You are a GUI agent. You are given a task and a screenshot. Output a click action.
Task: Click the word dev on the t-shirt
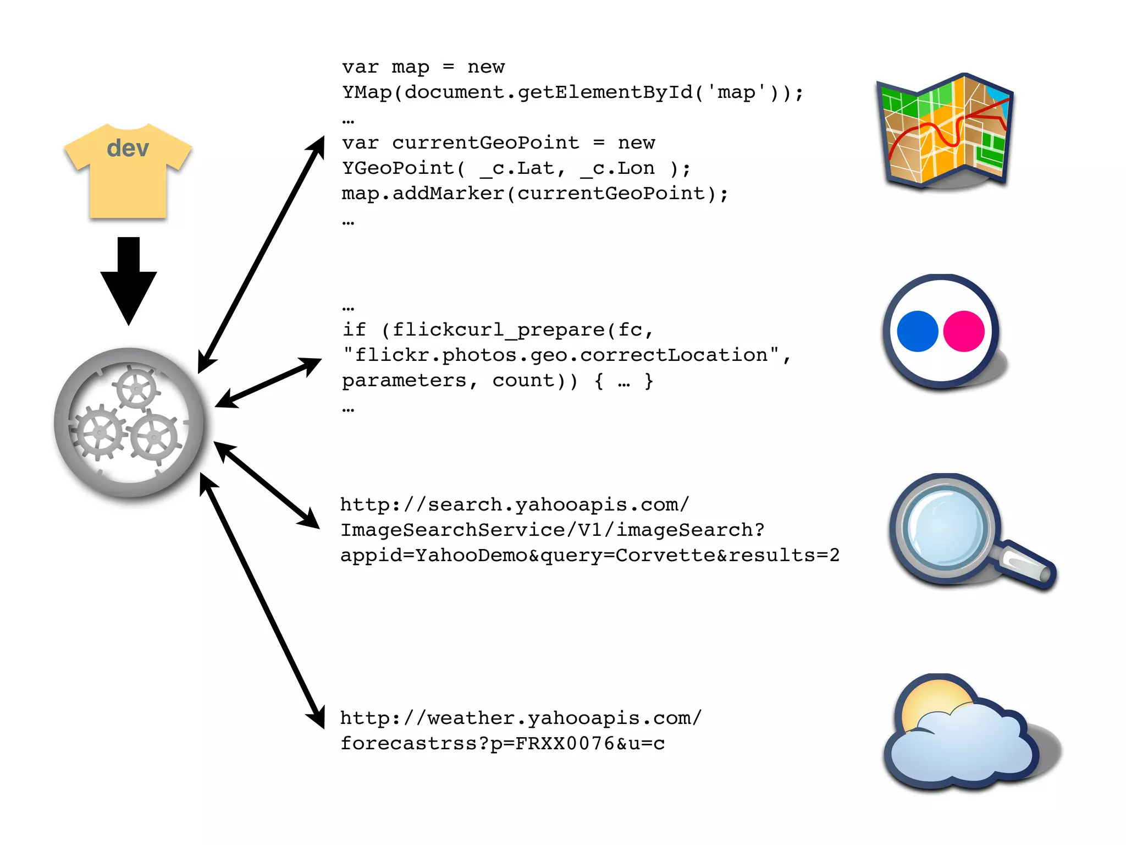point(128,149)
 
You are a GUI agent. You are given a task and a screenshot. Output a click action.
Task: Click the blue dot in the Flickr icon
point(917,331)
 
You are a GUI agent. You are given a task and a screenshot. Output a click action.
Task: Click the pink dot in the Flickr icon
point(963,331)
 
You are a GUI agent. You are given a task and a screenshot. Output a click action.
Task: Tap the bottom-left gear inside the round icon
point(100,433)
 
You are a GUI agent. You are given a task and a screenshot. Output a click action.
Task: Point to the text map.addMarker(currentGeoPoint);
point(534,194)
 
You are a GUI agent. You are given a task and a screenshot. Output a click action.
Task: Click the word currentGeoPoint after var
point(485,143)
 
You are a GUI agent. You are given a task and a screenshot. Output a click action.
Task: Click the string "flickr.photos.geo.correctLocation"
point(561,355)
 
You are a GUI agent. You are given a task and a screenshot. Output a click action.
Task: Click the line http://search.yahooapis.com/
point(514,504)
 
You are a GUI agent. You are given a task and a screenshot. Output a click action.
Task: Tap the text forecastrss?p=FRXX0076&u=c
point(503,744)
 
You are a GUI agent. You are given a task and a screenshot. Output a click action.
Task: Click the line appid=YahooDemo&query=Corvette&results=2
point(589,555)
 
